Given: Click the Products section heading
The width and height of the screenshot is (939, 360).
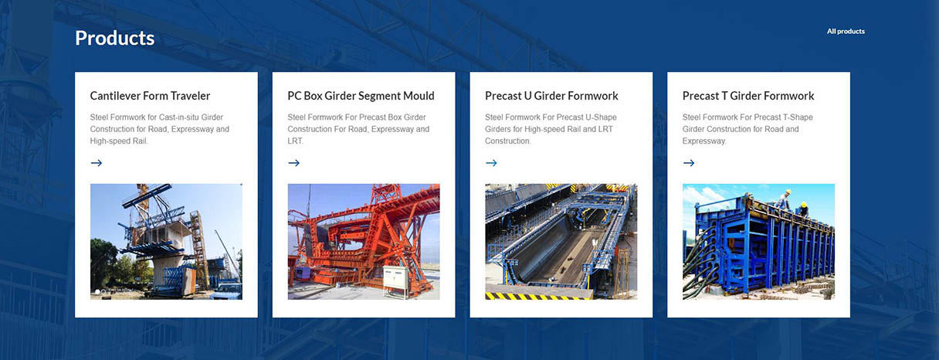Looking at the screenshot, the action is (115, 38).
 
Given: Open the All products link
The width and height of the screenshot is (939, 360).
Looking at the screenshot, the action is (846, 32).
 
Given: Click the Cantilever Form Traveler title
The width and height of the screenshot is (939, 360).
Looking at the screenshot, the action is (150, 96).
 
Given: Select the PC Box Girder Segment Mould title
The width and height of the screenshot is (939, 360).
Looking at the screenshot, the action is (361, 96).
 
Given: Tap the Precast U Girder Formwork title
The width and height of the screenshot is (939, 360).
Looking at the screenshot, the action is (551, 96).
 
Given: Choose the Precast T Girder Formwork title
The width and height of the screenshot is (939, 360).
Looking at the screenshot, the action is (748, 96).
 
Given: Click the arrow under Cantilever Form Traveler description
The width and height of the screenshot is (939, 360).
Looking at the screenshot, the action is (97, 163).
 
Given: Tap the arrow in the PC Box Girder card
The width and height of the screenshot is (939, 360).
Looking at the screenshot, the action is (294, 163).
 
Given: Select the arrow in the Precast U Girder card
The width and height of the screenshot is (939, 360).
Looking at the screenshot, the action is (491, 163).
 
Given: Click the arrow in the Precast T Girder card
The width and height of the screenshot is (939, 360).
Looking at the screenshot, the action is (689, 163).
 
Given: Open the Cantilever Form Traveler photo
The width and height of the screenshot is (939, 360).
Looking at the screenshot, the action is (167, 242).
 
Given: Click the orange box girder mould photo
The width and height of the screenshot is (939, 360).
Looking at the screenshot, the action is (364, 242).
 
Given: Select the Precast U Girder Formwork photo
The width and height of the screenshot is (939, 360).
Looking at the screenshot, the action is (561, 242).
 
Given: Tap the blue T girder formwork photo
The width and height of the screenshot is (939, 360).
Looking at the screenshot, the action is (759, 242).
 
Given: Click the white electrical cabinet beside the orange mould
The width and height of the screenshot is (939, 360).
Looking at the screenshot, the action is (395, 280).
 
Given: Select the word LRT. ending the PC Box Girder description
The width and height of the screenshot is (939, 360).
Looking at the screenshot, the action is (295, 141).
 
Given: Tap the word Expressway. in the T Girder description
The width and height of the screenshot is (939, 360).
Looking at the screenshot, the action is (704, 141).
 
